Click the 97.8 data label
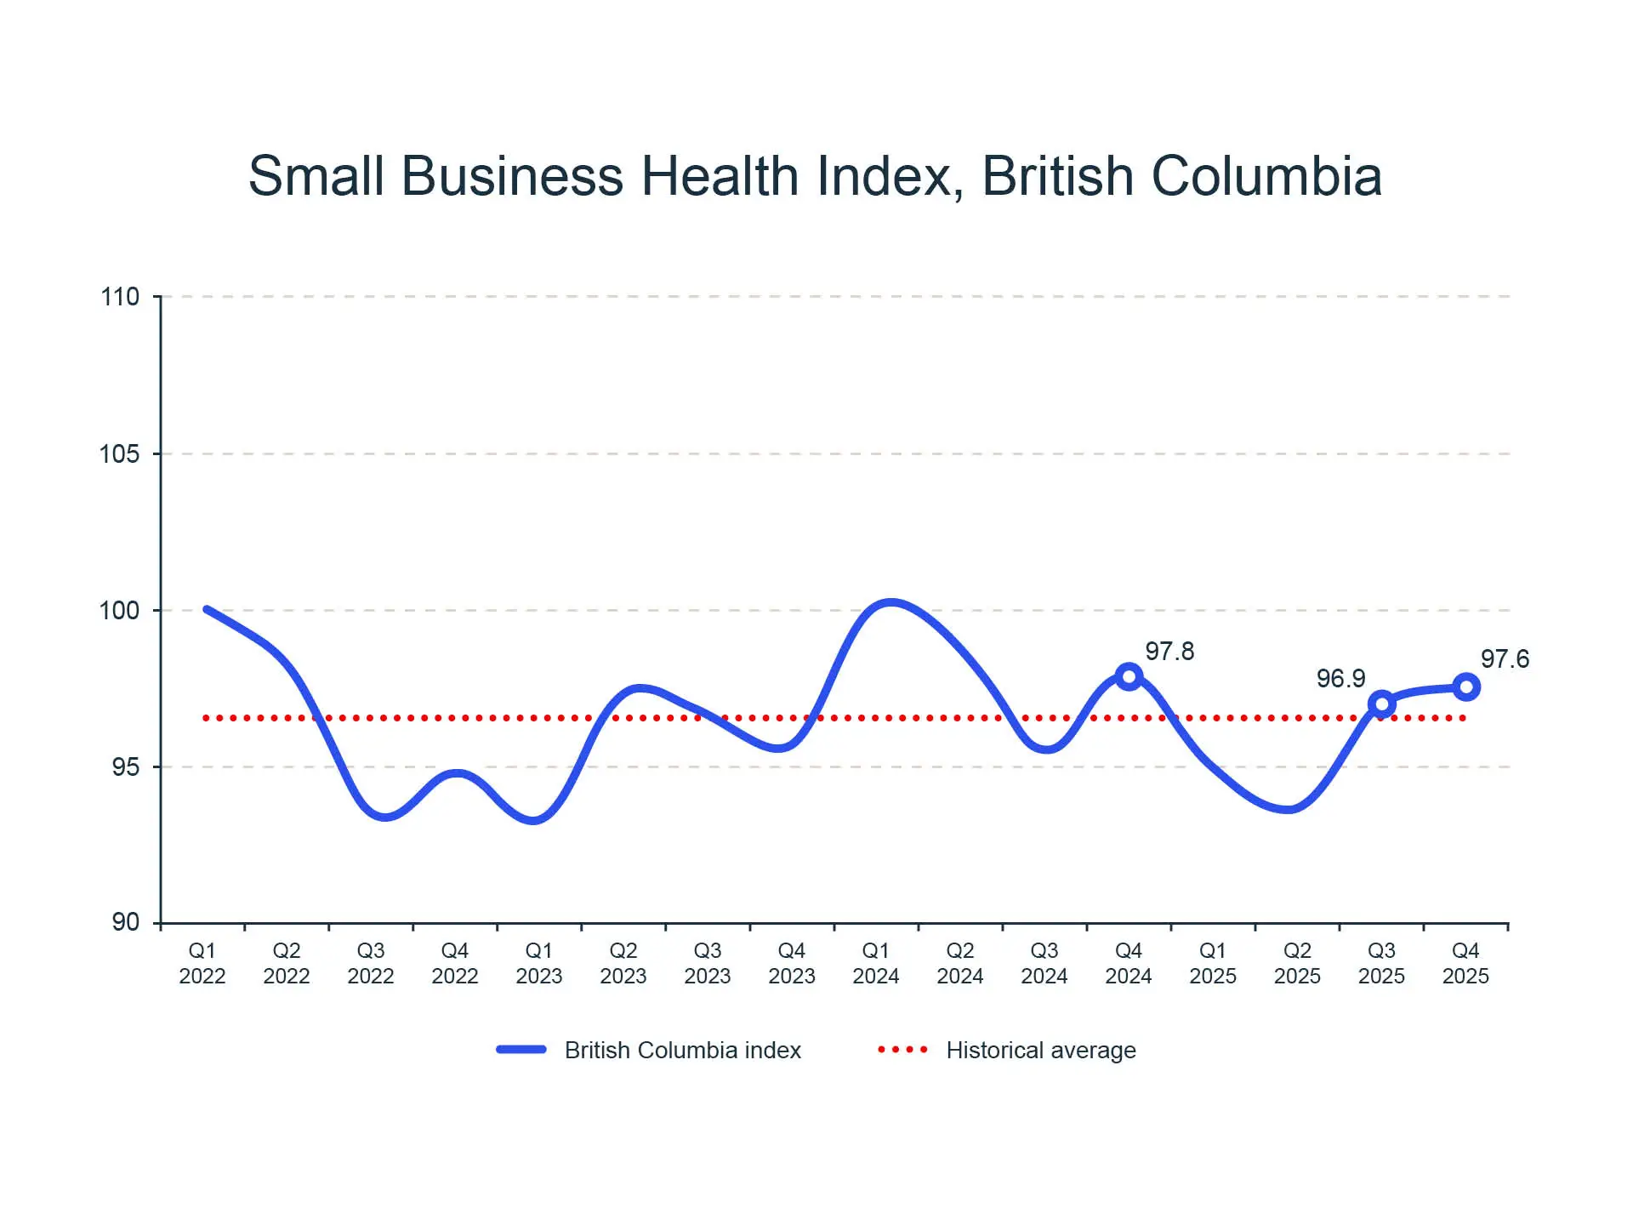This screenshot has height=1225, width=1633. coord(1169,652)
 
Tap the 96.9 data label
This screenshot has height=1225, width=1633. coord(1340,679)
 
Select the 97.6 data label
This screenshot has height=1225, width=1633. coord(1505,659)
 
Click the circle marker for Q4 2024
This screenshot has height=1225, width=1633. coord(1129,677)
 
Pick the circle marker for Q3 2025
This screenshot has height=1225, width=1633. coord(1382,704)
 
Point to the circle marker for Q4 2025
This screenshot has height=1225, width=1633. coord(1466,687)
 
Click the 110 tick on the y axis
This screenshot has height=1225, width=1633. coord(120,297)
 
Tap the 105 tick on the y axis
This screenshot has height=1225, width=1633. coord(120,454)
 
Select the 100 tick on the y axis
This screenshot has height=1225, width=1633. coord(120,611)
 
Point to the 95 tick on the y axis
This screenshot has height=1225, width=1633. coord(125,767)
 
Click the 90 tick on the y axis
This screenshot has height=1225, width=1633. coord(125,922)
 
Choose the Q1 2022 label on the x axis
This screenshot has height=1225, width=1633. coord(202,963)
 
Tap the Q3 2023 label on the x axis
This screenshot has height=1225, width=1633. coord(708,963)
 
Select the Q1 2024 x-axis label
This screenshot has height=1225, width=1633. coord(876,963)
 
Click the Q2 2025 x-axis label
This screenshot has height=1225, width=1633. coord(1297,963)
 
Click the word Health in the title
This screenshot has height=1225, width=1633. coord(720,176)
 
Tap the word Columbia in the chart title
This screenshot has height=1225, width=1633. coord(1266,176)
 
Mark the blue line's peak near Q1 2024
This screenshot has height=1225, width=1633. coord(890,603)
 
